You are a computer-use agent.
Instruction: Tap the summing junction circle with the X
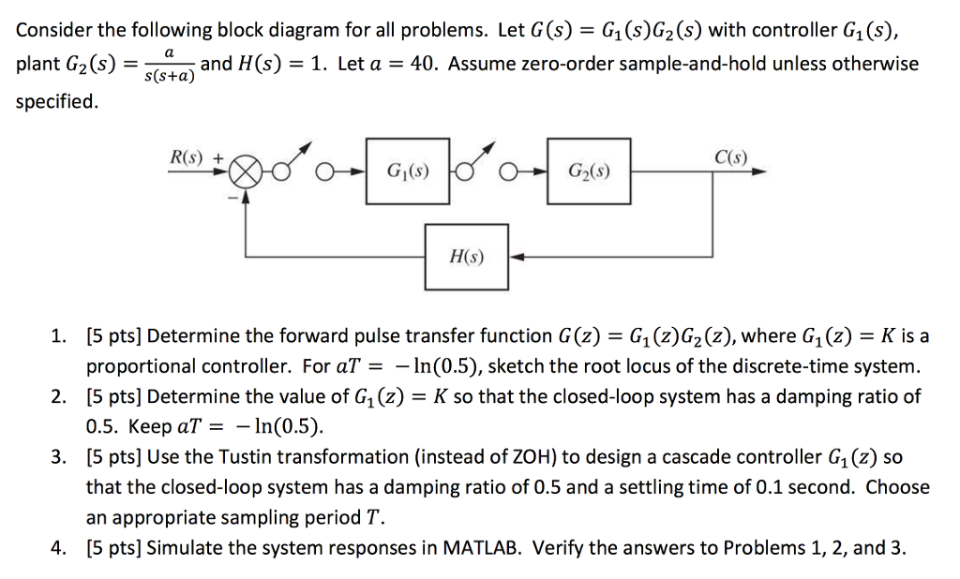(247, 173)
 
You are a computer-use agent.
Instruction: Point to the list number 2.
(60, 396)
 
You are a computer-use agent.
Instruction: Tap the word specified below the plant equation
(56, 101)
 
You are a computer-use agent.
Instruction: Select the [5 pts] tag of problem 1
(113, 335)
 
